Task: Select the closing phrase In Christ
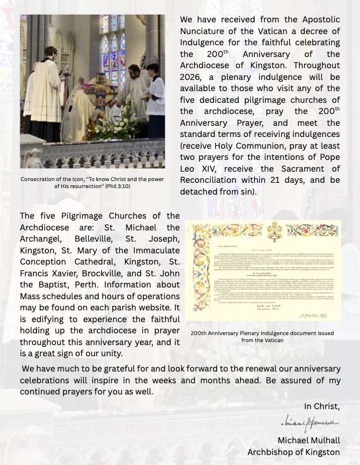(322, 406)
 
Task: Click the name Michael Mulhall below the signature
(308, 440)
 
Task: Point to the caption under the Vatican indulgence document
(262, 336)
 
